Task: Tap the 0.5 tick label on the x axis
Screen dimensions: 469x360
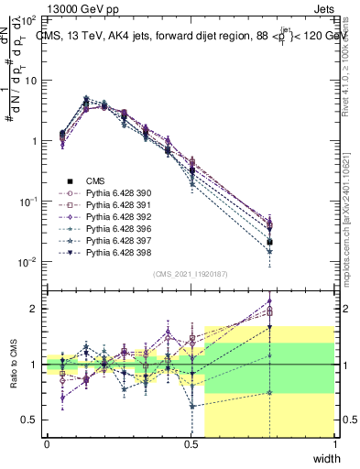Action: (x=191, y=443)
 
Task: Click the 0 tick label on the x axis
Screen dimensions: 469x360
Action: (x=47, y=443)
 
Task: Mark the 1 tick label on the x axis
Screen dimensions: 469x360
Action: (x=336, y=443)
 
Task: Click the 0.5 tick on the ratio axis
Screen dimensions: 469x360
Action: (x=30, y=420)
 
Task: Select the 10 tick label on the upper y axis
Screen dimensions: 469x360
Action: (x=30, y=81)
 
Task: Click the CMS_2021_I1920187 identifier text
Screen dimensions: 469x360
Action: (x=191, y=274)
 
